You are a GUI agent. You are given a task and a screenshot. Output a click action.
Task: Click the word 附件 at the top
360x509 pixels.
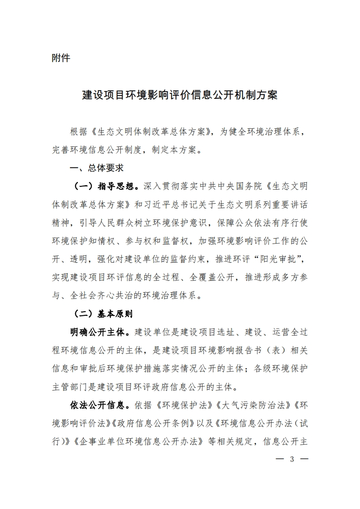(x=61, y=58)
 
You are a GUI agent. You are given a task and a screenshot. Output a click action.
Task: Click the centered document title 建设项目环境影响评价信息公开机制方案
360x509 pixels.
(x=180, y=96)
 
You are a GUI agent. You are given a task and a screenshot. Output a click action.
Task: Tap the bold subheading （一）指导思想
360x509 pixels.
(x=104, y=186)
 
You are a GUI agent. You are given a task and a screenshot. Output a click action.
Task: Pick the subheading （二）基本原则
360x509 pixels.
(x=104, y=313)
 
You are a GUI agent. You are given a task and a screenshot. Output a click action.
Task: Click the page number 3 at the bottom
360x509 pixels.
(x=292, y=460)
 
